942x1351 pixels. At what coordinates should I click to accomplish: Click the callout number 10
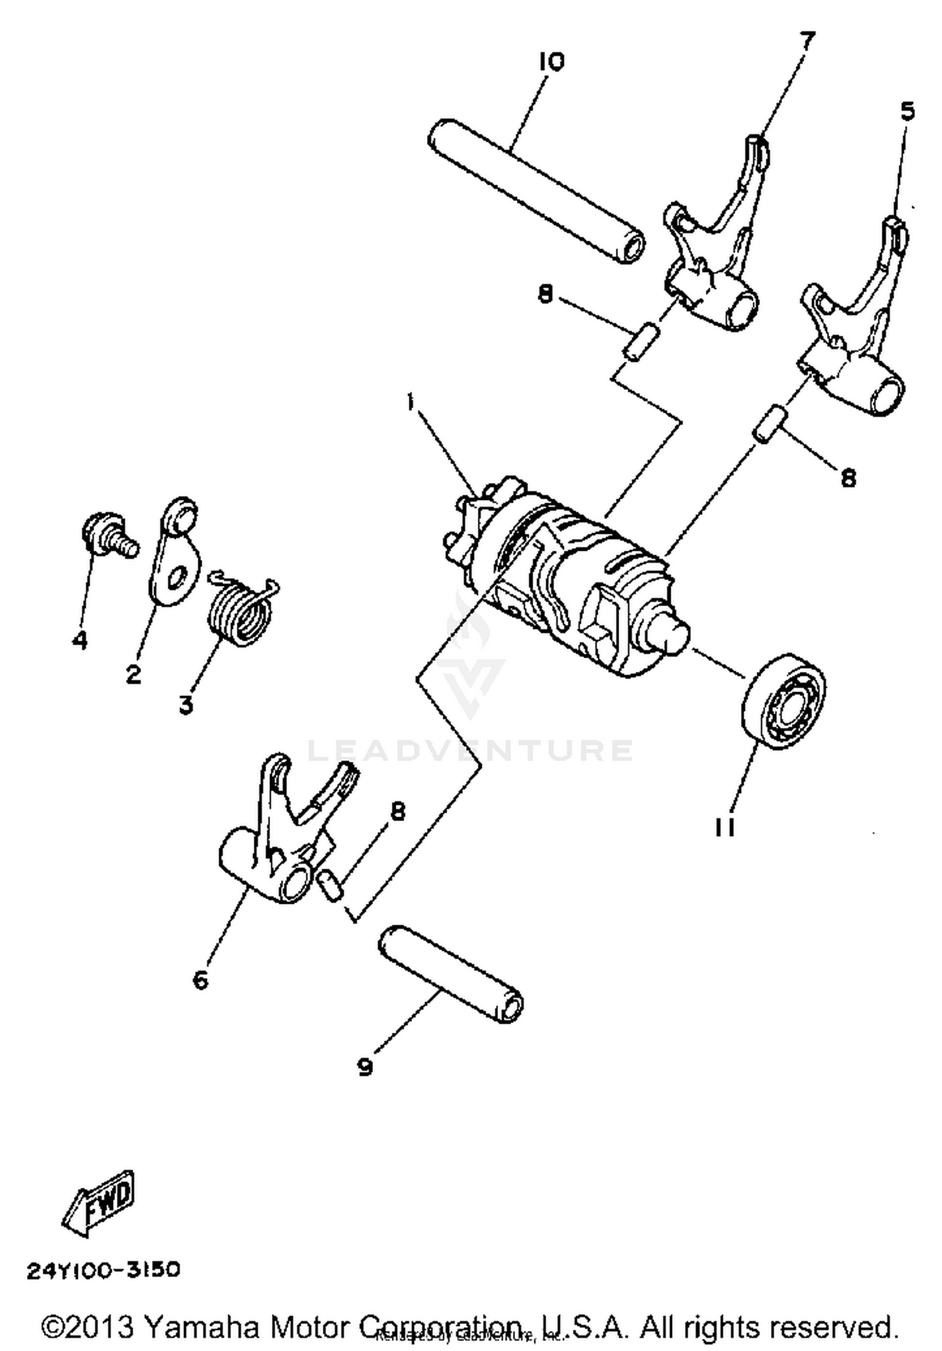pos(551,62)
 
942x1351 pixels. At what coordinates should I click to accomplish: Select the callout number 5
pos(907,112)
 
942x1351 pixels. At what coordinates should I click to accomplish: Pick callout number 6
pos(200,979)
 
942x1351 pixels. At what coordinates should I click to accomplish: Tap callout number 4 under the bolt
pos(80,641)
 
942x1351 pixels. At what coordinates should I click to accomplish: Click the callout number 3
pos(186,705)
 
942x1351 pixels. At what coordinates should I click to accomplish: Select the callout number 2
pos(133,675)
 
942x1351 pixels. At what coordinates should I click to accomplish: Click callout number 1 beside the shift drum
pos(410,401)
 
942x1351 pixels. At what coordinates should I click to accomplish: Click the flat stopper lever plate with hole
pos(176,553)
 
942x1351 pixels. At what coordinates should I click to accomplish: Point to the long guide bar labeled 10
pos(534,188)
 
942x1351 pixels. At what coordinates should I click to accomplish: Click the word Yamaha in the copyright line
pos(202,1327)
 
